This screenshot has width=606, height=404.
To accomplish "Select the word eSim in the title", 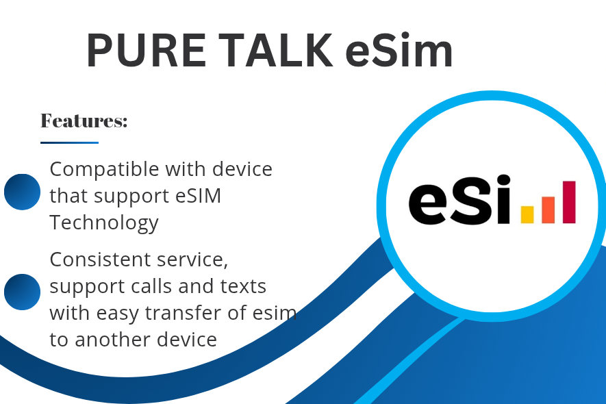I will [399, 51].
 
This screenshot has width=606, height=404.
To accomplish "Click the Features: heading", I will [84, 121].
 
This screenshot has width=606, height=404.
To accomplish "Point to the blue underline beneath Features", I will [69, 142].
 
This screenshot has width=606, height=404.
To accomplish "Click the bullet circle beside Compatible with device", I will [22, 191].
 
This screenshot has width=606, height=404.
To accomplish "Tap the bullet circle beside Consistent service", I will [22, 292].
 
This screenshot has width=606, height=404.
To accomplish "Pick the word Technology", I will [104, 223].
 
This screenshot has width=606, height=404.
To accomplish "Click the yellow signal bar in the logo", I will [527, 214].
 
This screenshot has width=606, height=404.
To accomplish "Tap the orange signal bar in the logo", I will [548, 210].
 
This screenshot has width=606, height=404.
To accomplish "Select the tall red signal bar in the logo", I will [569, 202].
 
